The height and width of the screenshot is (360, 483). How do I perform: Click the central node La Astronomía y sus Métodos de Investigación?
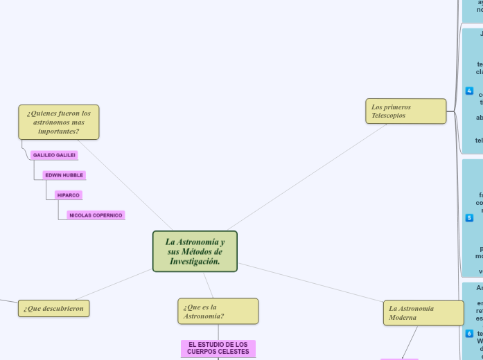click(195, 251)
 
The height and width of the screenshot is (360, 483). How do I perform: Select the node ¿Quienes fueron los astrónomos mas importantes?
click(59, 122)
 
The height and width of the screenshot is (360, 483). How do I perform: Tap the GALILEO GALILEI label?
click(54, 155)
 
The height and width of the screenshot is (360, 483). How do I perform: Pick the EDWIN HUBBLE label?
click(64, 175)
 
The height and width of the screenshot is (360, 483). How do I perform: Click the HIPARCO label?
click(69, 195)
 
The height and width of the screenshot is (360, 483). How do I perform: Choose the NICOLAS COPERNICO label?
click(96, 215)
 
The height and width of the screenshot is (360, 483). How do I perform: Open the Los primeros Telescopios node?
click(405, 111)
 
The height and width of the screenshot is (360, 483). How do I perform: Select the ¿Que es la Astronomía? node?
click(218, 312)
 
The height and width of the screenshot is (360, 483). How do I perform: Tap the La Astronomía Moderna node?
click(423, 313)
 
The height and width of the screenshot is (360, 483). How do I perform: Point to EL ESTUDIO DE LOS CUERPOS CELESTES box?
click(218, 348)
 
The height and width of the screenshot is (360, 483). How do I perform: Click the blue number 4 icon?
click(469, 91)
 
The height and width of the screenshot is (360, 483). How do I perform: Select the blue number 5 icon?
click(469, 218)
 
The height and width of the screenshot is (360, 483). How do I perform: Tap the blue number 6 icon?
click(469, 333)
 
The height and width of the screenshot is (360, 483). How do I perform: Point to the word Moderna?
click(403, 318)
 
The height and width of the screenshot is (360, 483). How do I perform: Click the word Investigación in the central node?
click(195, 261)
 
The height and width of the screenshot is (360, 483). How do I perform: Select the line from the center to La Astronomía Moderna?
click(312, 283)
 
